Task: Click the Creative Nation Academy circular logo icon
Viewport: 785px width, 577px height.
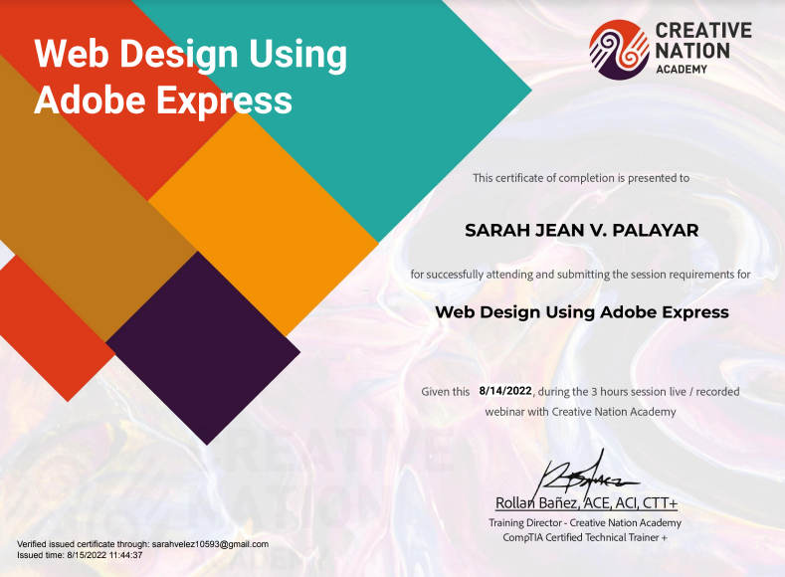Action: coord(619,50)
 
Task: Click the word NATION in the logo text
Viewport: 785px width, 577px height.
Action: coord(692,51)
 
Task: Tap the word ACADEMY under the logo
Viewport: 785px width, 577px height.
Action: coord(682,69)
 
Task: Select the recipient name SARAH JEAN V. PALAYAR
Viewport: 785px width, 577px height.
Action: coord(582,230)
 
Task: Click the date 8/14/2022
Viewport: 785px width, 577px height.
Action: coord(505,390)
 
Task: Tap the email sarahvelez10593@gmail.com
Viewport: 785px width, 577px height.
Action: coord(210,544)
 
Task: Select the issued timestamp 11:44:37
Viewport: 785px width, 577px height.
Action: coord(125,555)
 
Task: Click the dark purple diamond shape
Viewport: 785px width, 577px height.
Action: coord(203,348)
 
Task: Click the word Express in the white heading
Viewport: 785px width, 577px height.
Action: coord(225,100)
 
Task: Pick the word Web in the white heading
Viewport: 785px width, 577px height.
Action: coord(72,53)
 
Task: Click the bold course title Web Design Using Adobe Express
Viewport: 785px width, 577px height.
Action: coord(582,312)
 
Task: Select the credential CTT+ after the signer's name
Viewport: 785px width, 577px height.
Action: coord(660,502)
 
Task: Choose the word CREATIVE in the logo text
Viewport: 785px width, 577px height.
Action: coord(703,30)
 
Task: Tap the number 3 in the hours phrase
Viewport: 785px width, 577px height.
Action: coord(594,391)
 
